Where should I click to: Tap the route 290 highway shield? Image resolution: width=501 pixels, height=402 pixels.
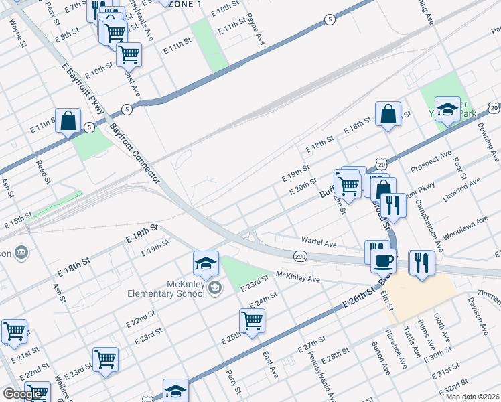click(299, 256)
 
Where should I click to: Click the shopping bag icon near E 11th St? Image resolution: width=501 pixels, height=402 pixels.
click(68, 121)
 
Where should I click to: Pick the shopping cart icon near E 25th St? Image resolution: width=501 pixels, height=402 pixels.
click(252, 321)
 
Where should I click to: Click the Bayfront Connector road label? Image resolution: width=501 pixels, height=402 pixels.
click(135, 153)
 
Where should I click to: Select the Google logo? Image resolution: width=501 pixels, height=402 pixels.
click(22, 394)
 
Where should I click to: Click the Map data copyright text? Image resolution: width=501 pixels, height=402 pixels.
click(473, 397)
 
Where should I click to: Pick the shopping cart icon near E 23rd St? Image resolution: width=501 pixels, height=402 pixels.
click(105, 359)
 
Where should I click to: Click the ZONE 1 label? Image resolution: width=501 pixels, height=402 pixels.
click(187, 4)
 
